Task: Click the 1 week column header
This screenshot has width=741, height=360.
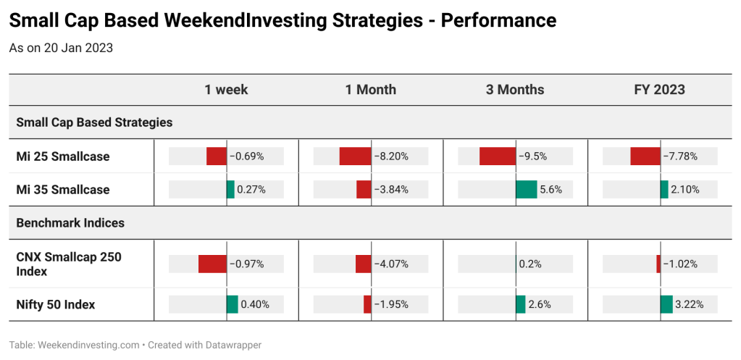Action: (226, 90)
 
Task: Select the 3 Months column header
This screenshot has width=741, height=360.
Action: (514, 90)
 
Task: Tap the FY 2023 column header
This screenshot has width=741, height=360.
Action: (659, 90)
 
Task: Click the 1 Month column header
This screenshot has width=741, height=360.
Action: (371, 90)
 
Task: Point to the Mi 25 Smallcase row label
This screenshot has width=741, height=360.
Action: (63, 156)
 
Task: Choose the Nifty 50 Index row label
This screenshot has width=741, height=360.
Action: (56, 305)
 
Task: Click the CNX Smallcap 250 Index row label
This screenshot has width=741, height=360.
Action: (69, 264)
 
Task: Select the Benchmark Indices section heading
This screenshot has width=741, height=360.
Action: (70, 222)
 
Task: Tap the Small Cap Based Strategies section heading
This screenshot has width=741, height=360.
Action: (94, 122)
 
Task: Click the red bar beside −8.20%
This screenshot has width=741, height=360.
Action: (356, 156)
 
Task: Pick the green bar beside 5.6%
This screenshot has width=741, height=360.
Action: (527, 190)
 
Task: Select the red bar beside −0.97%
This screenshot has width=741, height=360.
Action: (213, 264)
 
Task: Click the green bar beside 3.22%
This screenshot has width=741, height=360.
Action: (666, 304)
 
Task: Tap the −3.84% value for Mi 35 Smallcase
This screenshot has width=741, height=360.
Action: (391, 190)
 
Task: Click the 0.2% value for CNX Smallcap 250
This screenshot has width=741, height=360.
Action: (530, 264)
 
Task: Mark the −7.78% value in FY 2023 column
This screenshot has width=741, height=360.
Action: (680, 156)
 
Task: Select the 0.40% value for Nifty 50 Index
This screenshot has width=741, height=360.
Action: (255, 304)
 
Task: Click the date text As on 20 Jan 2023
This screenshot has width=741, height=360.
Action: (61, 49)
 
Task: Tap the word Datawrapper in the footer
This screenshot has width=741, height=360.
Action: (233, 345)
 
